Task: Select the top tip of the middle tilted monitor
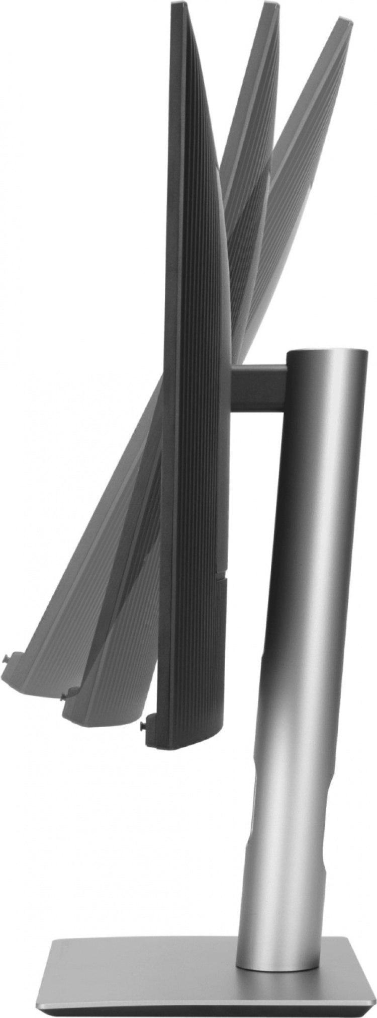point(271,6)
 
